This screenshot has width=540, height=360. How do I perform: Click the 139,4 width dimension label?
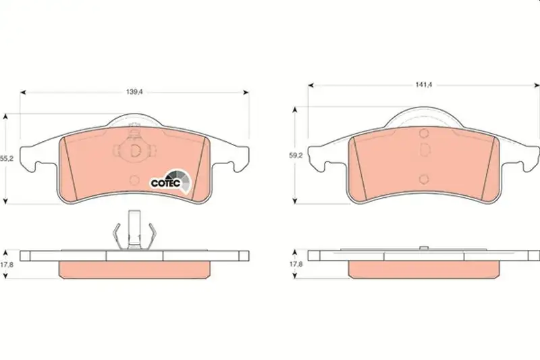(x=134, y=92)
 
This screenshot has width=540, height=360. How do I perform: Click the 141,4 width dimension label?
(x=424, y=84)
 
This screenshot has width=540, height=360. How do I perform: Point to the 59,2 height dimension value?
(x=296, y=155)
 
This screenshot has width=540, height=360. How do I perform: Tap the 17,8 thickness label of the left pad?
(x=7, y=265)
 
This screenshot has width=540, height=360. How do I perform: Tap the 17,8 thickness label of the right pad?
(x=296, y=264)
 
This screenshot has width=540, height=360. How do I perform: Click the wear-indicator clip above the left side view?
(x=134, y=230)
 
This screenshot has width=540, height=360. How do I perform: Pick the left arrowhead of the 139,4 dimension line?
(x=23, y=93)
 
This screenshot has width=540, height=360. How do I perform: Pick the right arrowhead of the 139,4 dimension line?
(x=246, y=93)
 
